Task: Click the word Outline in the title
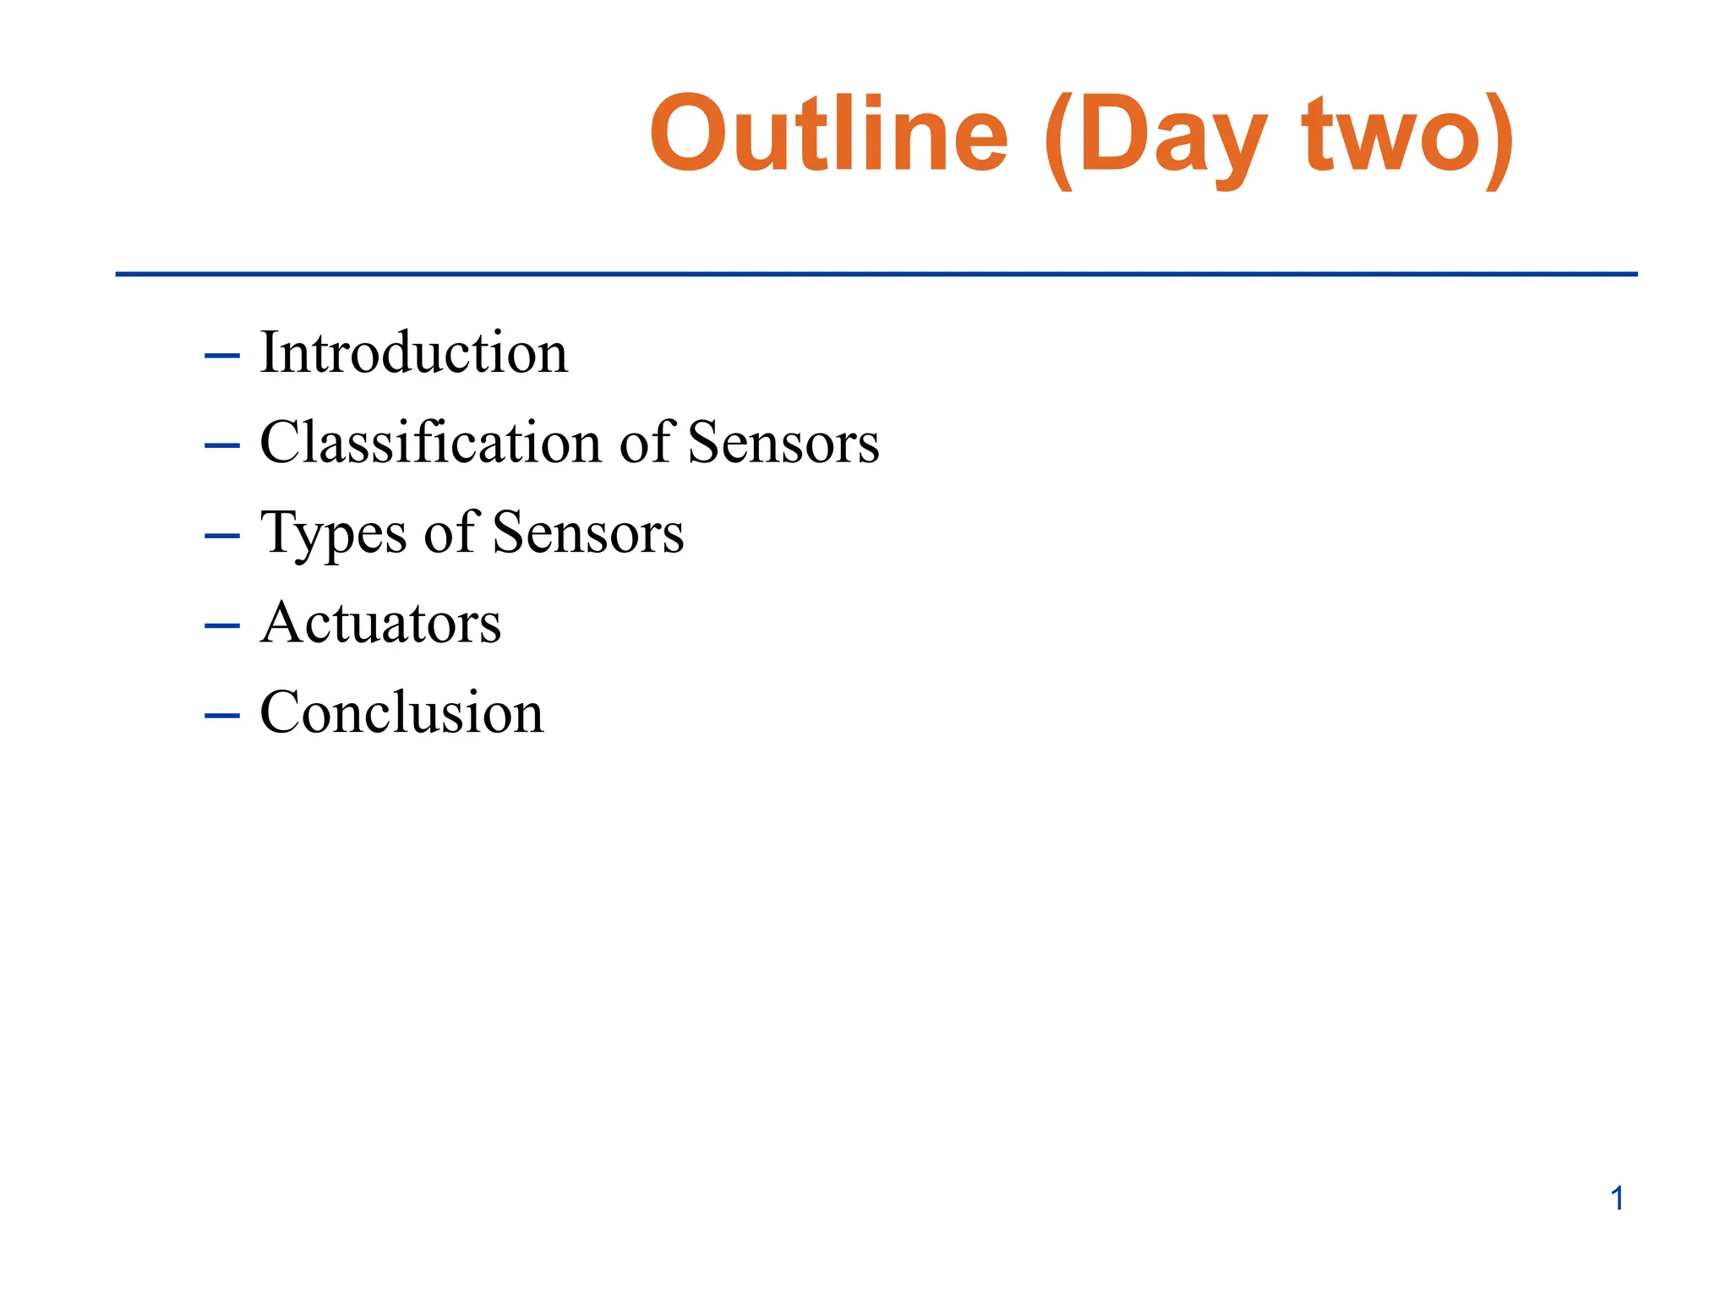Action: (x=828, y=134)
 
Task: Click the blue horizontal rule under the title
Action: (x=876, y=274)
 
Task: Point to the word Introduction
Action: (x=413, y=352)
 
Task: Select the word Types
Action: (x=333, y=534)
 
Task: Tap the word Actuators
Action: (x=380, y=623)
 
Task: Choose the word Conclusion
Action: (x=401, y=712)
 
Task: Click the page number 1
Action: (x=1617, y=1198)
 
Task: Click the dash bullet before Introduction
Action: (x=222, y=356)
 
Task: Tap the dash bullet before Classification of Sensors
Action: (x=222, y=445)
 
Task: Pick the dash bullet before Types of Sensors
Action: (x=222, y=536)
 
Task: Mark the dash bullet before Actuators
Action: (x=222, y=625)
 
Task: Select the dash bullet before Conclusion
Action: (x=222, y=715)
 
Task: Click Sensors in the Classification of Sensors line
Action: (x=783, y=443)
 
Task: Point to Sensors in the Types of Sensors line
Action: (x=587, y=533)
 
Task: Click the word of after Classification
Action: (x=647, y=442)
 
